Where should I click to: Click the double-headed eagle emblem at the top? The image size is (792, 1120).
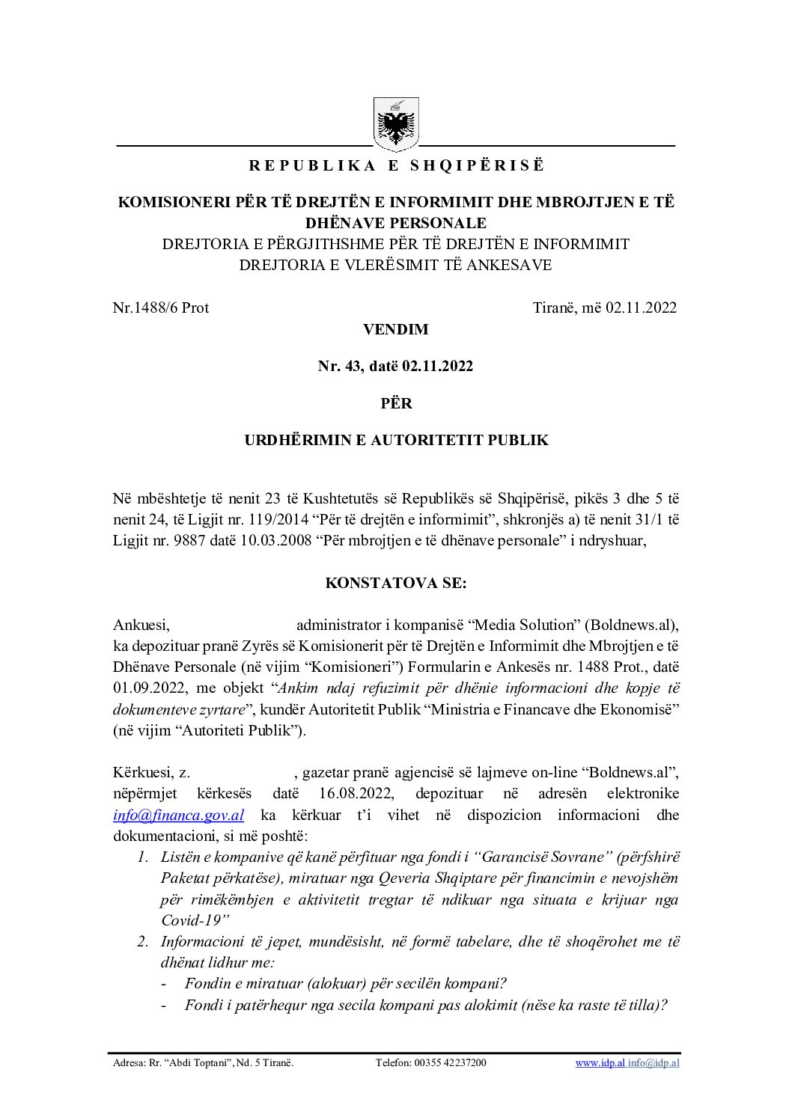[396, 125]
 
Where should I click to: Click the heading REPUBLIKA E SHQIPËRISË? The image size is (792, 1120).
[396, 166]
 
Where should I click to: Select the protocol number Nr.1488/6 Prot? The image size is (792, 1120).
[161, 307]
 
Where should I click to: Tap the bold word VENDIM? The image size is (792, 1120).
[396, 329]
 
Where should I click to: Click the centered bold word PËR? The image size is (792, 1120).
[396, 403]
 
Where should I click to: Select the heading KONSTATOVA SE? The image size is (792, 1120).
[396, 584]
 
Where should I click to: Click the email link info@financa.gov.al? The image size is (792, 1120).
[178, 815]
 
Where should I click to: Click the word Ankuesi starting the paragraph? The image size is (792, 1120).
[141, 625]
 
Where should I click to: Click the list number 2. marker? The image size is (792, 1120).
[143, 941]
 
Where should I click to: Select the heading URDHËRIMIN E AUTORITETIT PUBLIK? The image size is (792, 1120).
[396, 440]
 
